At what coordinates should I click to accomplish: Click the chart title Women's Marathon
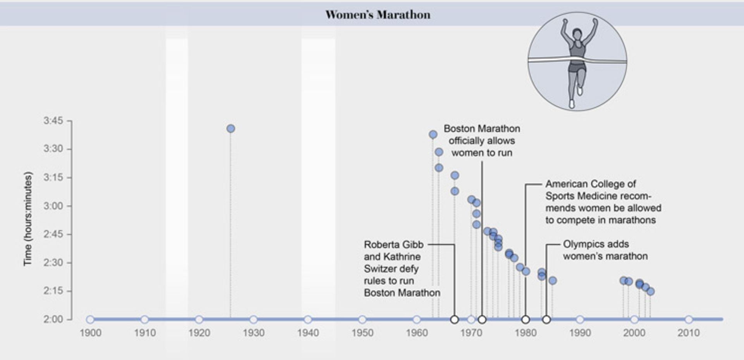[x=378, y=15]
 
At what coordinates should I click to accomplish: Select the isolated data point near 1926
[x=231, y=129]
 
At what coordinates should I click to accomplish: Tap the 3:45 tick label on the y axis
[x=53, y=121]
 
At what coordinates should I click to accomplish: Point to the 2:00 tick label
[x=53, y=319]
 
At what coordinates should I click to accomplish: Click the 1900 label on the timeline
[x=90, y=333]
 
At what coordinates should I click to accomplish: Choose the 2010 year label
[x=689, y=333]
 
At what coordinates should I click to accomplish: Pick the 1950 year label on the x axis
[x=362, y=333]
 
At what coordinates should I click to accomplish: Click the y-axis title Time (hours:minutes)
[x=28, y=219]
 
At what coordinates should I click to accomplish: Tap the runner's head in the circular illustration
[x=577, y=34]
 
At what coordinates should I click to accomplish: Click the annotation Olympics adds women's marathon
[x=605, y=250]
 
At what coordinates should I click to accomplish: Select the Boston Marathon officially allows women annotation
[x=482, y=140]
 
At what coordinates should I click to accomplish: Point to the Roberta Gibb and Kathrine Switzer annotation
[x=401, y=269]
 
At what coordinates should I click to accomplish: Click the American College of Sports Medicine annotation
[x=603, y=202]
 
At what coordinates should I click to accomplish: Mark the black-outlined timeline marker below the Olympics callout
[x=546, y=320]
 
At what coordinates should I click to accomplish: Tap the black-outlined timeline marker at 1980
[x=525, y=320]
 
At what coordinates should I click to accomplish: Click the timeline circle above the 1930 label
[x=253, y=320]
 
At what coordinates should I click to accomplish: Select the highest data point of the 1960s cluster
[x=433, y=134]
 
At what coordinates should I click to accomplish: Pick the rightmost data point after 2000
[x=651, y=291]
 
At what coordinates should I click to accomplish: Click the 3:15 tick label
[x=53, y=177]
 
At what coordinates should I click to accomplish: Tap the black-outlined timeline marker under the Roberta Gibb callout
[x=455, y=320]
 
